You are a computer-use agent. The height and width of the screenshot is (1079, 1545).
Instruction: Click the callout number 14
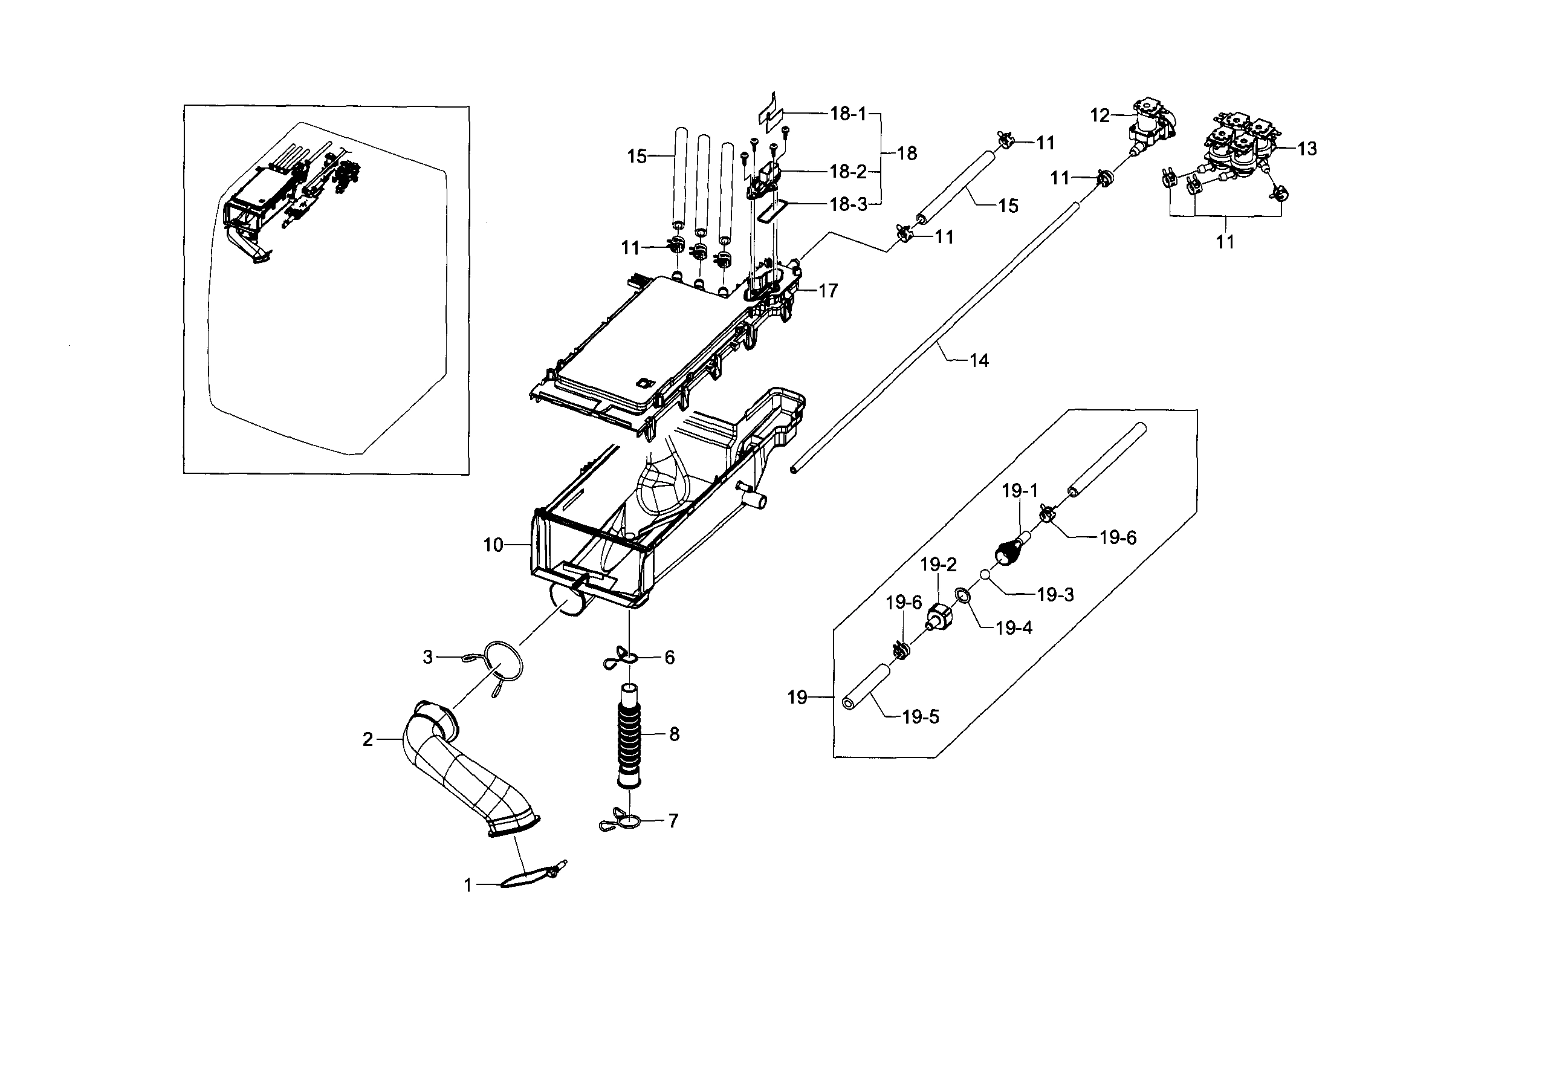click(979, 361)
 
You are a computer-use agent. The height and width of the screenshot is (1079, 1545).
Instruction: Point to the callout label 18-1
click(848, 114)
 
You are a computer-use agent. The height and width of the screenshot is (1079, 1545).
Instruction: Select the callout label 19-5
click(920, 718)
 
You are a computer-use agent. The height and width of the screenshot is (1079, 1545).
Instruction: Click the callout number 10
click(493, 545)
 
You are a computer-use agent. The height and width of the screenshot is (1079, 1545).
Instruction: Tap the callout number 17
click(828, 291)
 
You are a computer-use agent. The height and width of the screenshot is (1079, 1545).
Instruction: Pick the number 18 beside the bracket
click(907, 154)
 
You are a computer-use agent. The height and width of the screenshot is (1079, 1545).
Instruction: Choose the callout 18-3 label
click(848, 205)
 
